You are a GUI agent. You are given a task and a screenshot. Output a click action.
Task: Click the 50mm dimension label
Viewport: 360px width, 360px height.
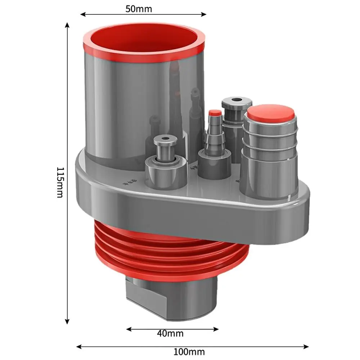pos(139,9)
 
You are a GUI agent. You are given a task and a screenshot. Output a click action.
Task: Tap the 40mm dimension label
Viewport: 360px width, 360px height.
pos(170,333)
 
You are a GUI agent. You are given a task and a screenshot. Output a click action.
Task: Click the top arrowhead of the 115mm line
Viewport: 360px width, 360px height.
pos(67,25)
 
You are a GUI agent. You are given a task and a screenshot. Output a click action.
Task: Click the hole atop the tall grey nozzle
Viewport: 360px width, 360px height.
pos(237,100)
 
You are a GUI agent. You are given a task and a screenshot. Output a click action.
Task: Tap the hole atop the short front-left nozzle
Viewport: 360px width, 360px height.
pos(165,139)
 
